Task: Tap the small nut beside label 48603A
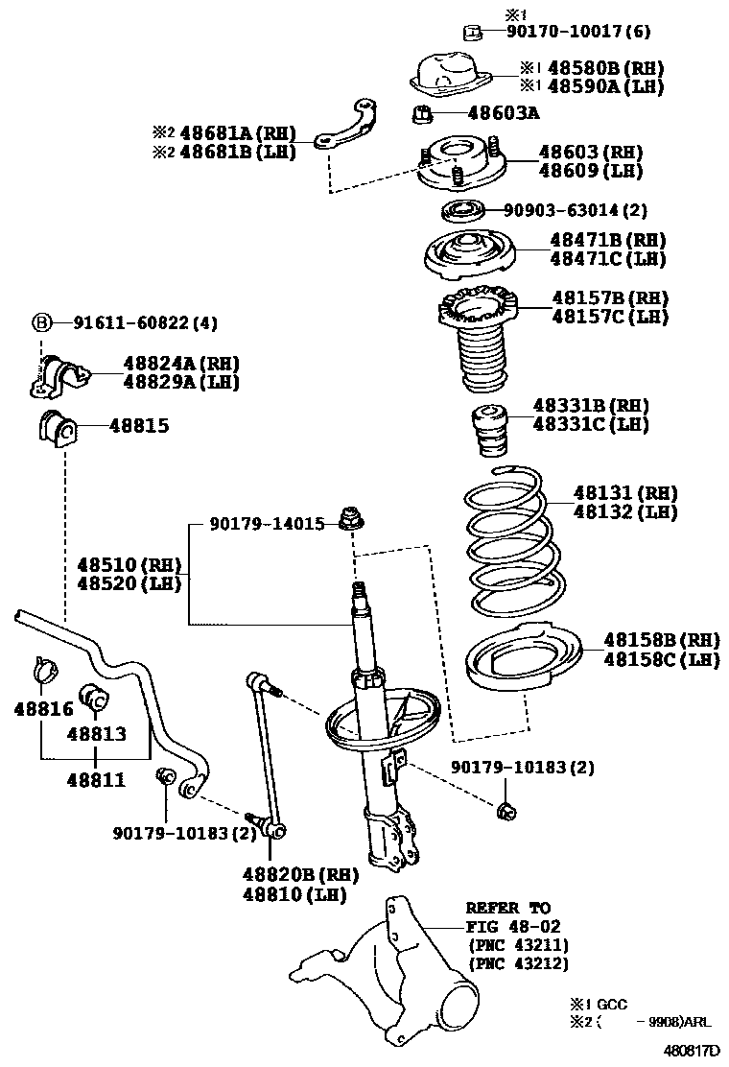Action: click(x=423, y=115)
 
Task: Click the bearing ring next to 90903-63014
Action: click(x=463, y=210)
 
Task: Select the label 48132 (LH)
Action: click(x=625, y=512)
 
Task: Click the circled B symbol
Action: click(x=42, y=323)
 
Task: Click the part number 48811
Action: click(x=96, y=780)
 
